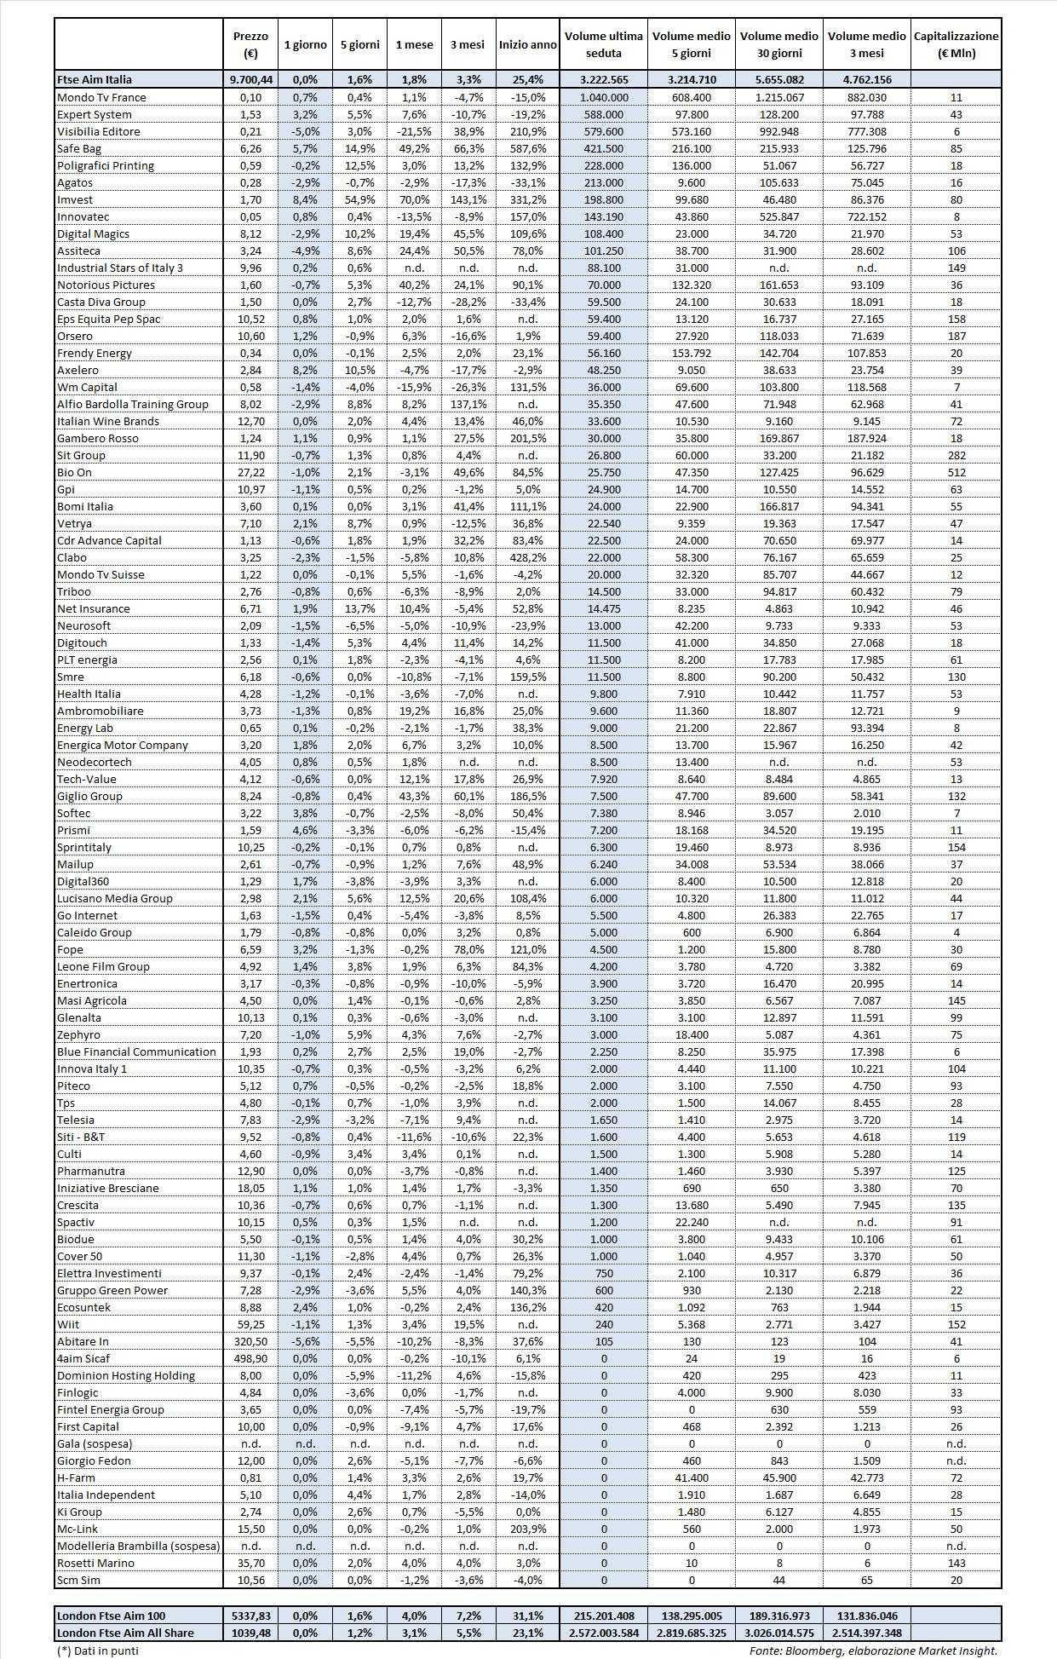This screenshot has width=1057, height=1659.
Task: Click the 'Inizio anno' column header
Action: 528,44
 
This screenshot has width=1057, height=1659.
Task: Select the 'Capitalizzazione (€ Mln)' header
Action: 956,44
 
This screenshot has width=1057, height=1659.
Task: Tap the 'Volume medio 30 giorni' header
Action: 779,44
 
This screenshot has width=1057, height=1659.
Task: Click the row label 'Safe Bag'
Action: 79,148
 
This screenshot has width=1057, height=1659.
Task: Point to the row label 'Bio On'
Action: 74,472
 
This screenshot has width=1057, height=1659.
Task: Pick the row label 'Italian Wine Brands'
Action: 107,421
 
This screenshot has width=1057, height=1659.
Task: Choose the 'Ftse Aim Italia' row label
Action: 95,79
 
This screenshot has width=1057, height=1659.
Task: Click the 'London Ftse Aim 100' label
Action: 111,1616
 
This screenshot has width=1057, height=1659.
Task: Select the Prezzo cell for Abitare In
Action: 250,1341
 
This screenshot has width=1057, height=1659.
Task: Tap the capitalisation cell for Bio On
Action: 956,472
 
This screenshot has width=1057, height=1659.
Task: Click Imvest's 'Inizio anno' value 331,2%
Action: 528,199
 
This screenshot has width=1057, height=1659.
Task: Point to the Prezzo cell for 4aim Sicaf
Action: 250,1358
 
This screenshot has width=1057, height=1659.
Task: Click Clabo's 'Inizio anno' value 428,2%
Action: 528,557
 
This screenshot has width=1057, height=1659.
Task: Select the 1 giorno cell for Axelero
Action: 305,370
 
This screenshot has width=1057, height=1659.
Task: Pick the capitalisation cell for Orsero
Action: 956,336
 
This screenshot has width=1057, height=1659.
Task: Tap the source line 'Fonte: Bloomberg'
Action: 873,1650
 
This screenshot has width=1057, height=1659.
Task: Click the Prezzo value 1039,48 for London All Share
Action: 250,1633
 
